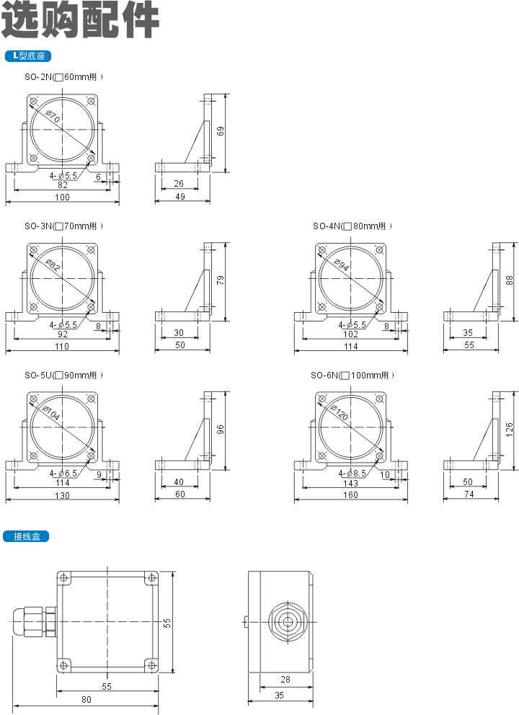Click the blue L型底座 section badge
(28, 56)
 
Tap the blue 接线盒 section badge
(26, 536)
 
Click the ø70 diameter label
(53, 116)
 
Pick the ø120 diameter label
(340, 412)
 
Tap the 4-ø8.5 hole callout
(352, 474)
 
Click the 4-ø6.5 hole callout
(63, 474)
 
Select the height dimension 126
(510, 430)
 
